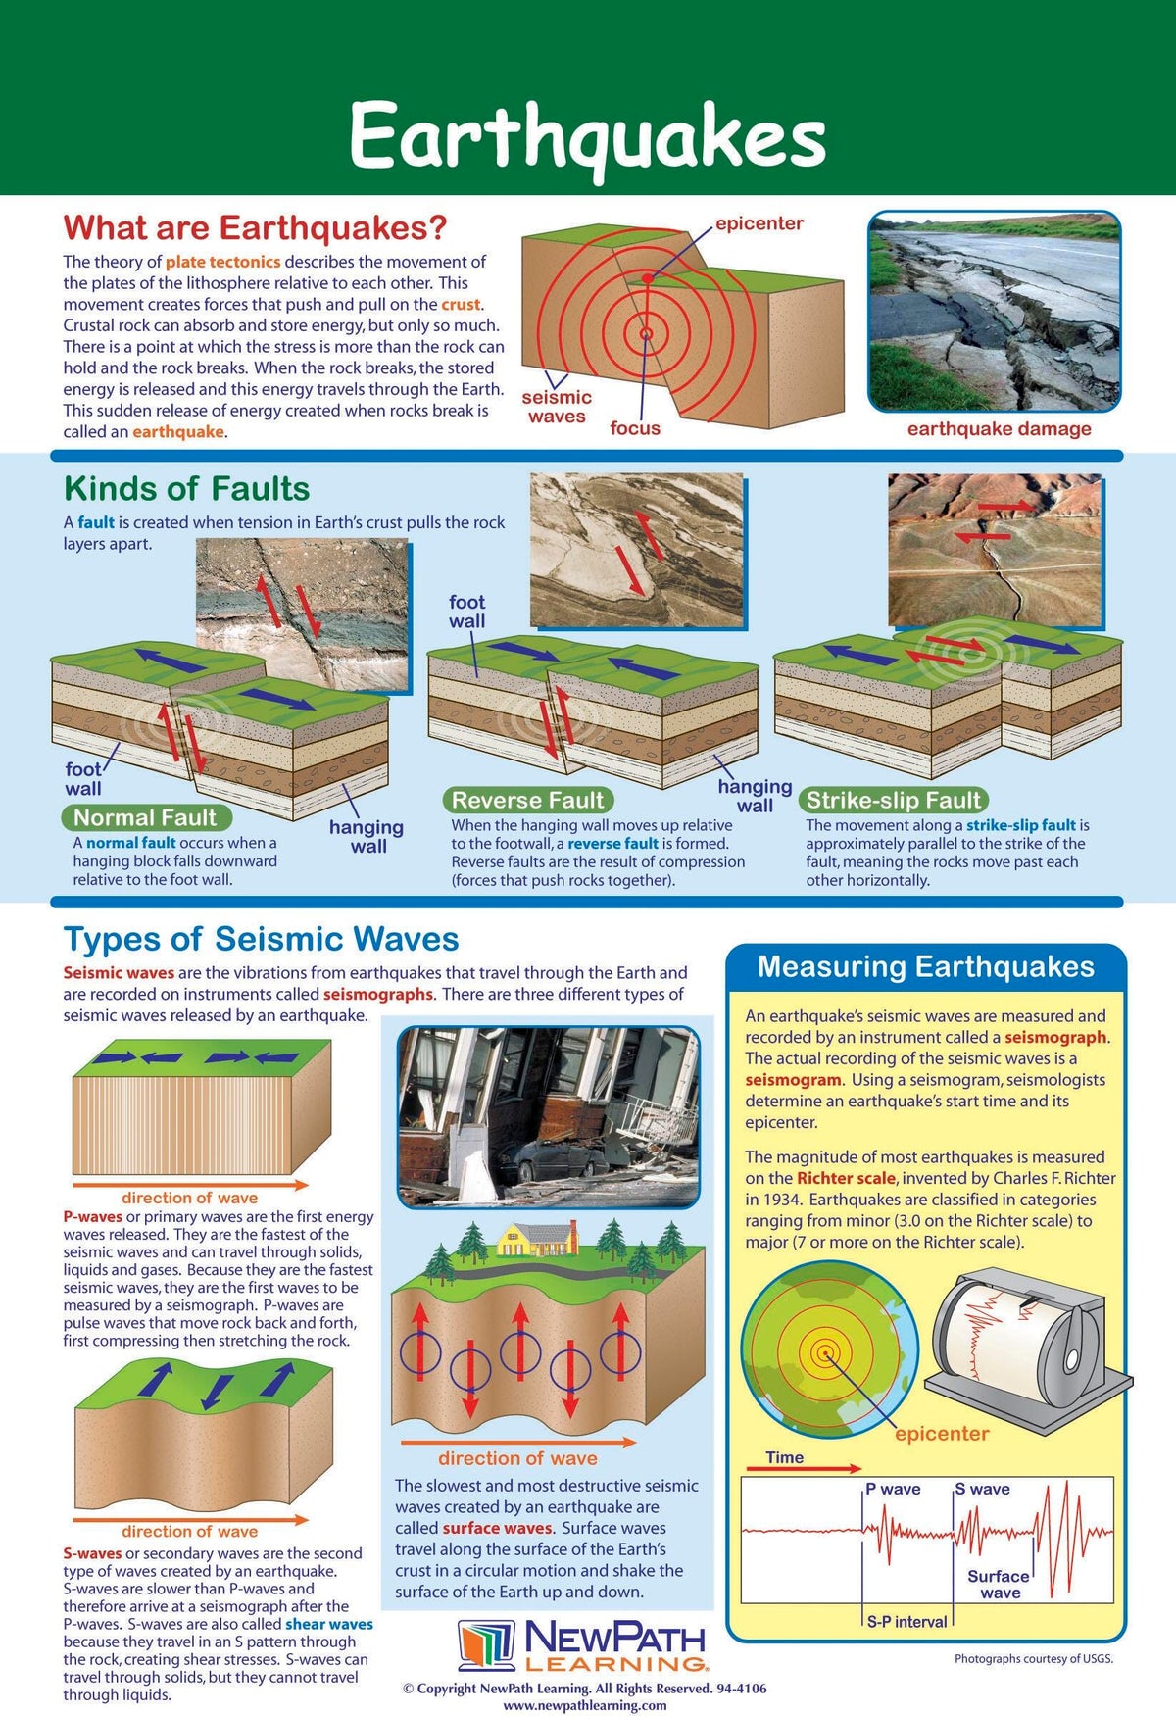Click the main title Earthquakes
tap(588, 137)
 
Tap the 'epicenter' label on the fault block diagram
tap(759, 223)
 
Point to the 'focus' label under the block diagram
tap(635, 428)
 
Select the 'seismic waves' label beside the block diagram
tap(557, 407)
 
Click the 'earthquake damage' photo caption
tap(999, 429)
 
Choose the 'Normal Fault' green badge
tap(145, 818)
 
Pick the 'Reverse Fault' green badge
tap(528, 801)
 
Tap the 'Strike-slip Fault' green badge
tap(893, 801)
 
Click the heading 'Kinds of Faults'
tap(186, 489)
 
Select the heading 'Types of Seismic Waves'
tap(261, 939)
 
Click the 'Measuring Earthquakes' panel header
tap(925, 967)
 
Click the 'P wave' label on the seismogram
tap(893, 1489)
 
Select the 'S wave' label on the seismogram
tap(983, 1489)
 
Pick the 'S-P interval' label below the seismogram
tap(907, 1622)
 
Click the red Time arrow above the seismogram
tap(804, 1469)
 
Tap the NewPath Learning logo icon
tap(486, 1645)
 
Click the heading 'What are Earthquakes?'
tap(255, 228)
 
